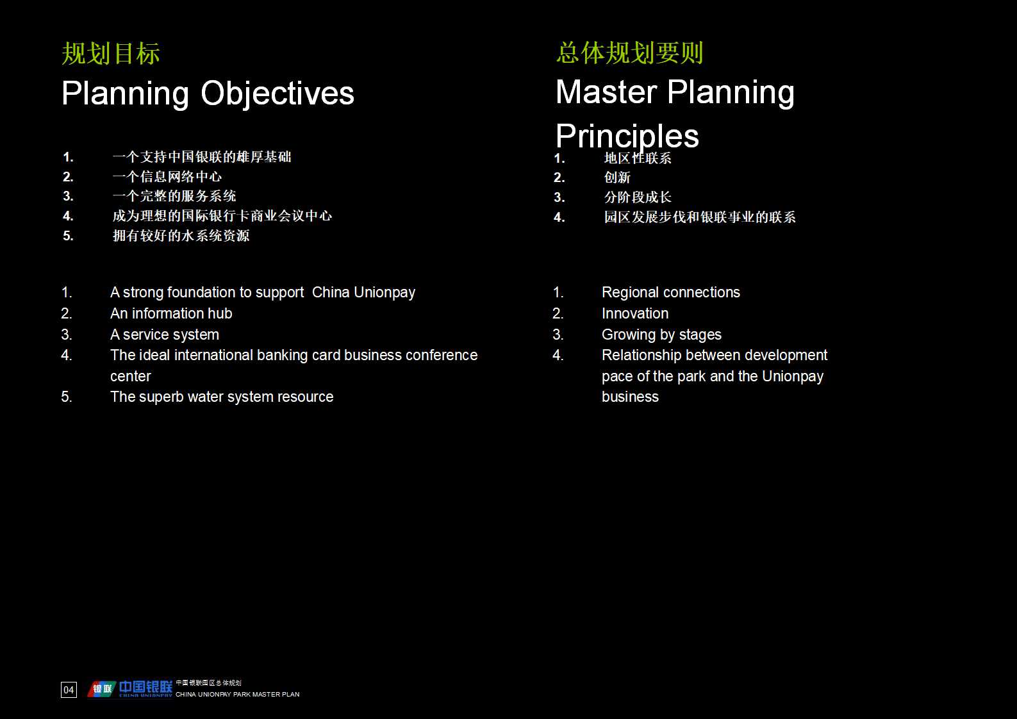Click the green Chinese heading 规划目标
click(111, 54)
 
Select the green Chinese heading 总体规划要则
click(630, 53)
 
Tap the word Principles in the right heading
click(627, 136)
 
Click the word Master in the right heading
click(606, 92)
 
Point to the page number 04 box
click(69, 690)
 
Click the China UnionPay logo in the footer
click(130, 689)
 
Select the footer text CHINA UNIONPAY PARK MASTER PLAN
click(238, 694)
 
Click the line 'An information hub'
click(171, 313)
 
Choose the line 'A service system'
click(164, 335)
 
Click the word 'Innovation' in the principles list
click(634, 313)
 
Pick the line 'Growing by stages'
click(661, 335)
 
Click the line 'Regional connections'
click(670, 292)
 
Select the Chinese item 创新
click(617, 178)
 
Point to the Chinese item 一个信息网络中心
click(167, 177)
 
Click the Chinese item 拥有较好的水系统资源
click(181, 236)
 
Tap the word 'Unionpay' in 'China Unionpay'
click(384, 292)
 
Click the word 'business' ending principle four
click(630, 397)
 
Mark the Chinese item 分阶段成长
click(638, 197)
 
